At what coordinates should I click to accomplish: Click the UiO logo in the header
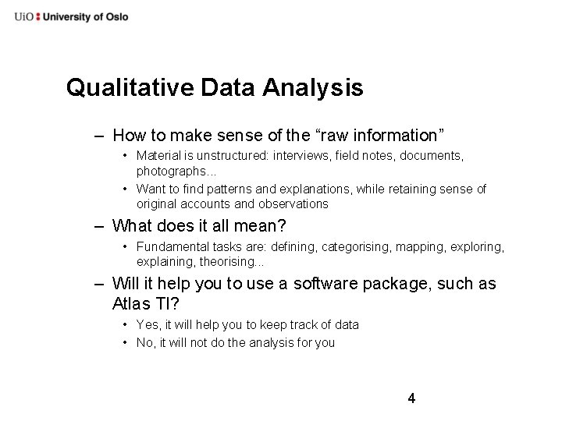pyautogui.click(x=24, y=16)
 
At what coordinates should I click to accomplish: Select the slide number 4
pyautogui.click(x=411, y=399)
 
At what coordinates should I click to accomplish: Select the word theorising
pyautogui.click(x=232, y=262)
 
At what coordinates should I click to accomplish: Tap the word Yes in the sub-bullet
pyautogui.click(x=147, y=324)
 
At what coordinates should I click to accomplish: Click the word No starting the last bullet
pyautogui.click(x=145, y=342)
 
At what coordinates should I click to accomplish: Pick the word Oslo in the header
pyautogui.click(x=115, y=16)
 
